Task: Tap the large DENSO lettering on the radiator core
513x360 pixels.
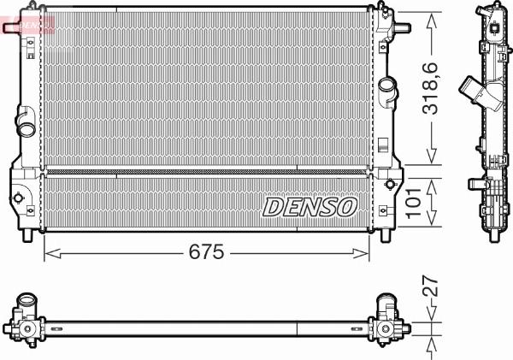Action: coord(310,205)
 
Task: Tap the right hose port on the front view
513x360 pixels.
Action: coord(389,87)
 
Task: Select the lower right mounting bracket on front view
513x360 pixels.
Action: coord(390,183)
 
